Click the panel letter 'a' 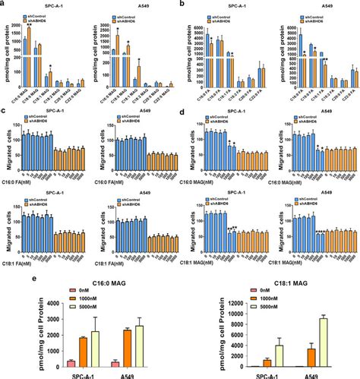pyautogui.click(x=5, y=5)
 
